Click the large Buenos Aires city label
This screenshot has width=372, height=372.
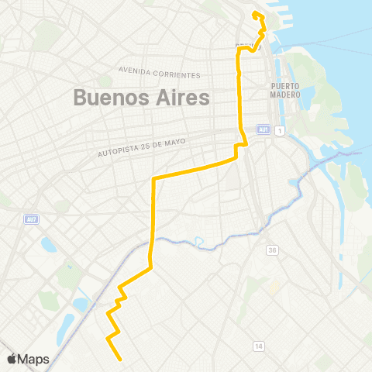(142, 98)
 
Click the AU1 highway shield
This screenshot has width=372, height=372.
(264, 129)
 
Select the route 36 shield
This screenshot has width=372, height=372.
(273, 250)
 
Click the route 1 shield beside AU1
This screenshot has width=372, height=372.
(279, 129)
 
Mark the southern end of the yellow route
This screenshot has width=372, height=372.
(121, 360)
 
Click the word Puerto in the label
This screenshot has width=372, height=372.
(285, 86)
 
